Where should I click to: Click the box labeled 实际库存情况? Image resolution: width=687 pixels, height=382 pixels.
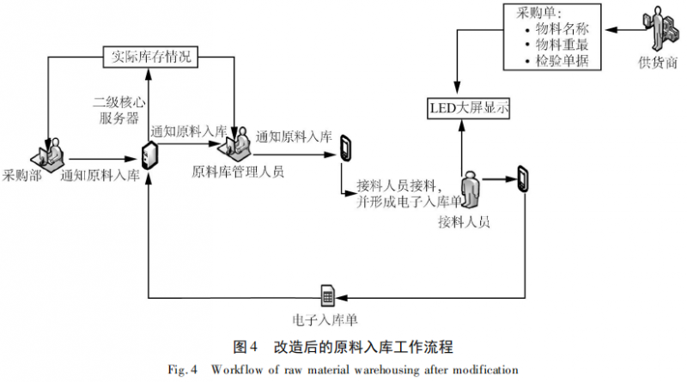[150, 58]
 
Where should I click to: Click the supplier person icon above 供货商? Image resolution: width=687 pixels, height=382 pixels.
[657, 29]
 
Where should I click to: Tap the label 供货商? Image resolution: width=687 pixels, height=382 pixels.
[657, 64]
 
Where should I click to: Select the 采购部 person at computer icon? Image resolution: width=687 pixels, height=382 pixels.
[49, 151]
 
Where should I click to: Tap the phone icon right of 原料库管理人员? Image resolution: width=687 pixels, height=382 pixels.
[346, 148]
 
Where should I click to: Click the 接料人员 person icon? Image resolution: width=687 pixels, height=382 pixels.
[469, 191]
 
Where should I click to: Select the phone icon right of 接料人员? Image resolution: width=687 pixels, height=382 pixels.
[522, 179]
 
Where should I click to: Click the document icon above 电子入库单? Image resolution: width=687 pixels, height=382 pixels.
[326, 294]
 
